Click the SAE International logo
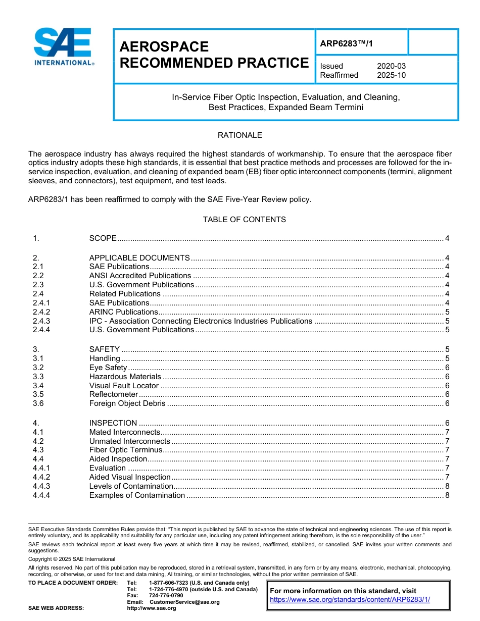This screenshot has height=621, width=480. coord(63,47)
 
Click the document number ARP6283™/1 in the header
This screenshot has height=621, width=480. coord(347,43)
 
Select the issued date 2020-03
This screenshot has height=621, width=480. coord(391,66)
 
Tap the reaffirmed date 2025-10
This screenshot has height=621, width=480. coord(391,75)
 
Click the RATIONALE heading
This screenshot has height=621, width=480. coord(239,135)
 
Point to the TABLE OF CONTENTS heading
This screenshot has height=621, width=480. coord(244,220)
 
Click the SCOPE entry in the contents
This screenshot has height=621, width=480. coord(103,238)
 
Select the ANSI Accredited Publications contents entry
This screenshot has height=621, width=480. coord(140,276)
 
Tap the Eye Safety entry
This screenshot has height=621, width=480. coord(108,368)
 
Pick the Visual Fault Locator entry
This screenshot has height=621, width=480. coord(124,386)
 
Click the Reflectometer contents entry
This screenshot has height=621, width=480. coord(114,394)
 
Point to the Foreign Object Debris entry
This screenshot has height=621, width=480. coord(127,403)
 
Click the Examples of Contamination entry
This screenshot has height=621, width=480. coord(137,495)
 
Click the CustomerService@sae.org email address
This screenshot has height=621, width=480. coord(184,602)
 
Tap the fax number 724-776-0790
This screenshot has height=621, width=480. coord(166,596)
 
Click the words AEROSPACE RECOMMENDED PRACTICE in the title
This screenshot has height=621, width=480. coord(214,55)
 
